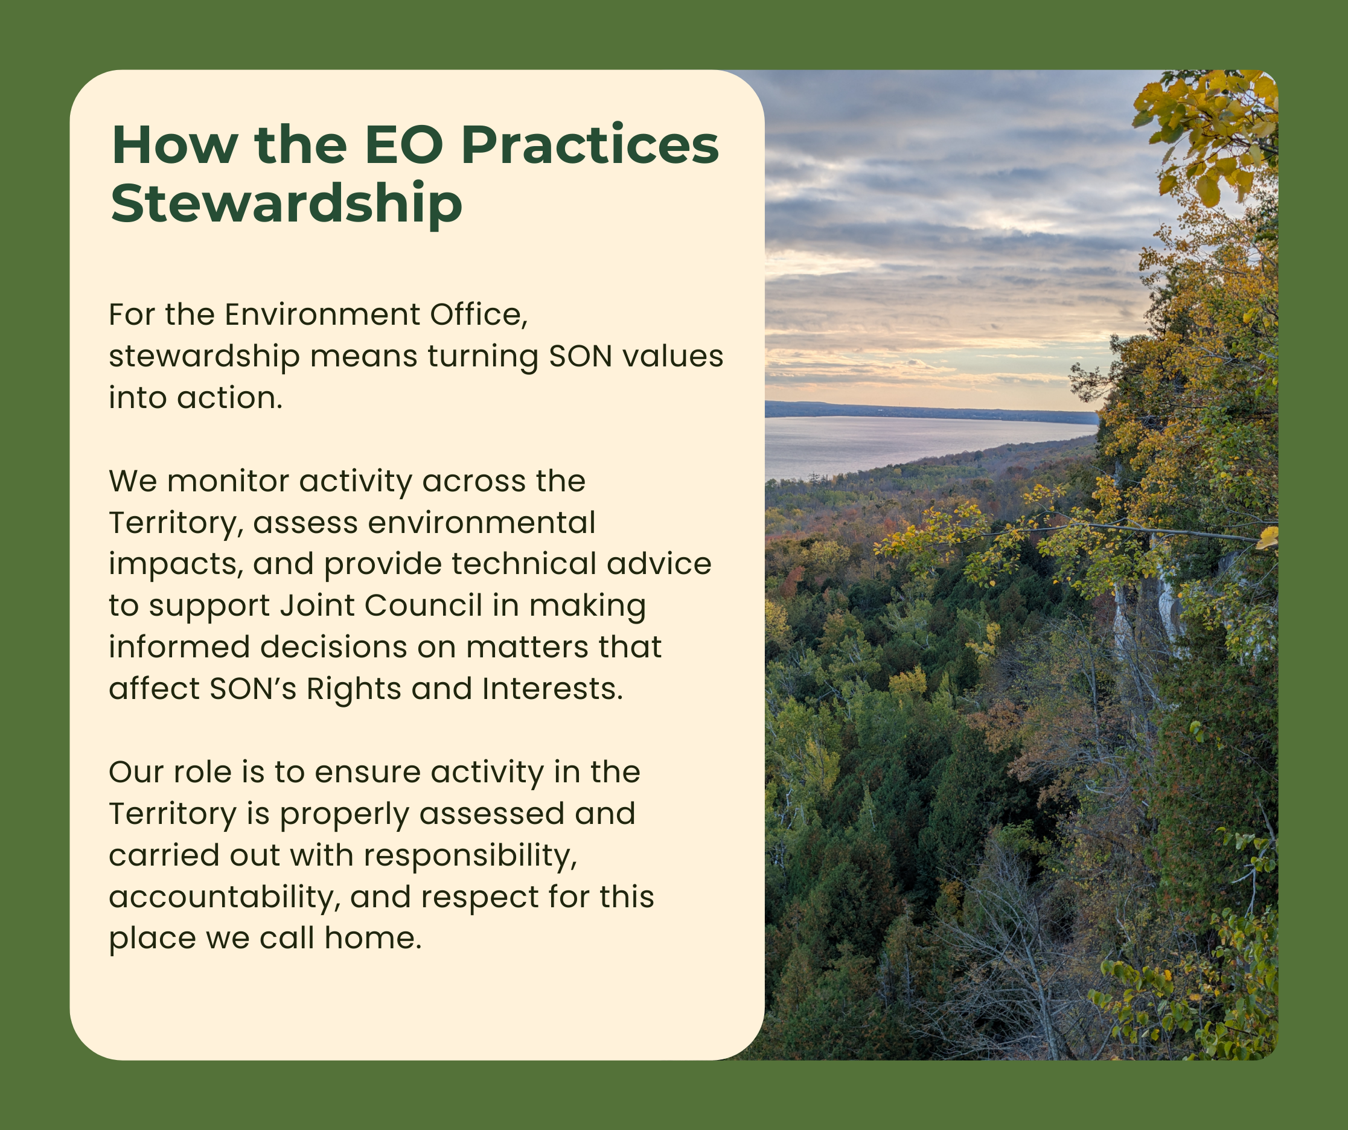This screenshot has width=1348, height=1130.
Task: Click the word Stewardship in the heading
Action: [x=286, y=204]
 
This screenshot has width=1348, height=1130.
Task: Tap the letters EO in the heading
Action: [x=404, y=145]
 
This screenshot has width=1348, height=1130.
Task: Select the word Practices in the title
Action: [x=590, y=145]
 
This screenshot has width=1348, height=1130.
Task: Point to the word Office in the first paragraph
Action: [x=478, y=315]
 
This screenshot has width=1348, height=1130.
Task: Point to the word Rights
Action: [x=353, y=689]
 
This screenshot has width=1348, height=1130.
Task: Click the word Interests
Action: [x=552, y=689]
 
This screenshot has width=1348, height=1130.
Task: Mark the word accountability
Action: [x=225, y=897]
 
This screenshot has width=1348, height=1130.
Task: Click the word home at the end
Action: [x=372, y=938]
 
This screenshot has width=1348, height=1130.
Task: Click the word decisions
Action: [x=333, y=648]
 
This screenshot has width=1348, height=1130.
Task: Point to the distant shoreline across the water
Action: [x=931, y=410]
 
